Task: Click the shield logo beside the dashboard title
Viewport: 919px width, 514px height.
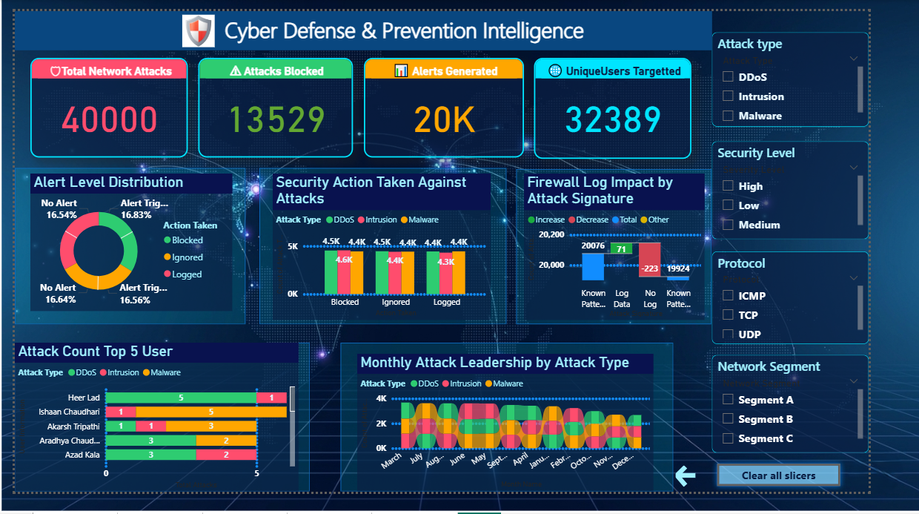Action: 198,31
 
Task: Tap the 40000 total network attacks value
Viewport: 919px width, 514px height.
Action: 110,119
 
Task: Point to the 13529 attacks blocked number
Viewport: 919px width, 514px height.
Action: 276,119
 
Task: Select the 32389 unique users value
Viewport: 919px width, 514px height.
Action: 613,119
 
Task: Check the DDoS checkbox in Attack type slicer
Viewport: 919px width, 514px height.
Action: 729,76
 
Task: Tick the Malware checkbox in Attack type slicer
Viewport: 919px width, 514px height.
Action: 729,116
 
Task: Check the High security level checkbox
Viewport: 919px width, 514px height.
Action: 729,186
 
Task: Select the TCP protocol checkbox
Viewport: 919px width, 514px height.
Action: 729,314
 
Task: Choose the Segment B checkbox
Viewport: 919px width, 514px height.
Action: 729,419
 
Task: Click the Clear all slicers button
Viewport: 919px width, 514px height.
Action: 778,475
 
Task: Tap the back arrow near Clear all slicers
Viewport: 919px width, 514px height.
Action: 686,476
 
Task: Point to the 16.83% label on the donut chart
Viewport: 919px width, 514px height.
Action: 136,214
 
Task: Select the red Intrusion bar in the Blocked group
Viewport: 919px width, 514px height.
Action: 344,274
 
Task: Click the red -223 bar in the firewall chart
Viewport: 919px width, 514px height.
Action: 650,259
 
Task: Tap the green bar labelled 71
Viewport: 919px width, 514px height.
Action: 622,248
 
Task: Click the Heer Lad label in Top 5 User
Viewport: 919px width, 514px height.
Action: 84,398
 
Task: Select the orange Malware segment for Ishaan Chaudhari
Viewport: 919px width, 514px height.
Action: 211,412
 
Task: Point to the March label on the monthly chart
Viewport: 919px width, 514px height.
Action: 391,461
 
